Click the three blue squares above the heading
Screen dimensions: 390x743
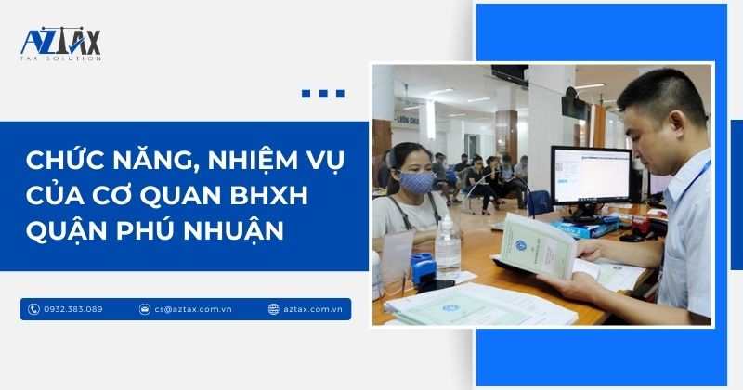pos(323,94)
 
